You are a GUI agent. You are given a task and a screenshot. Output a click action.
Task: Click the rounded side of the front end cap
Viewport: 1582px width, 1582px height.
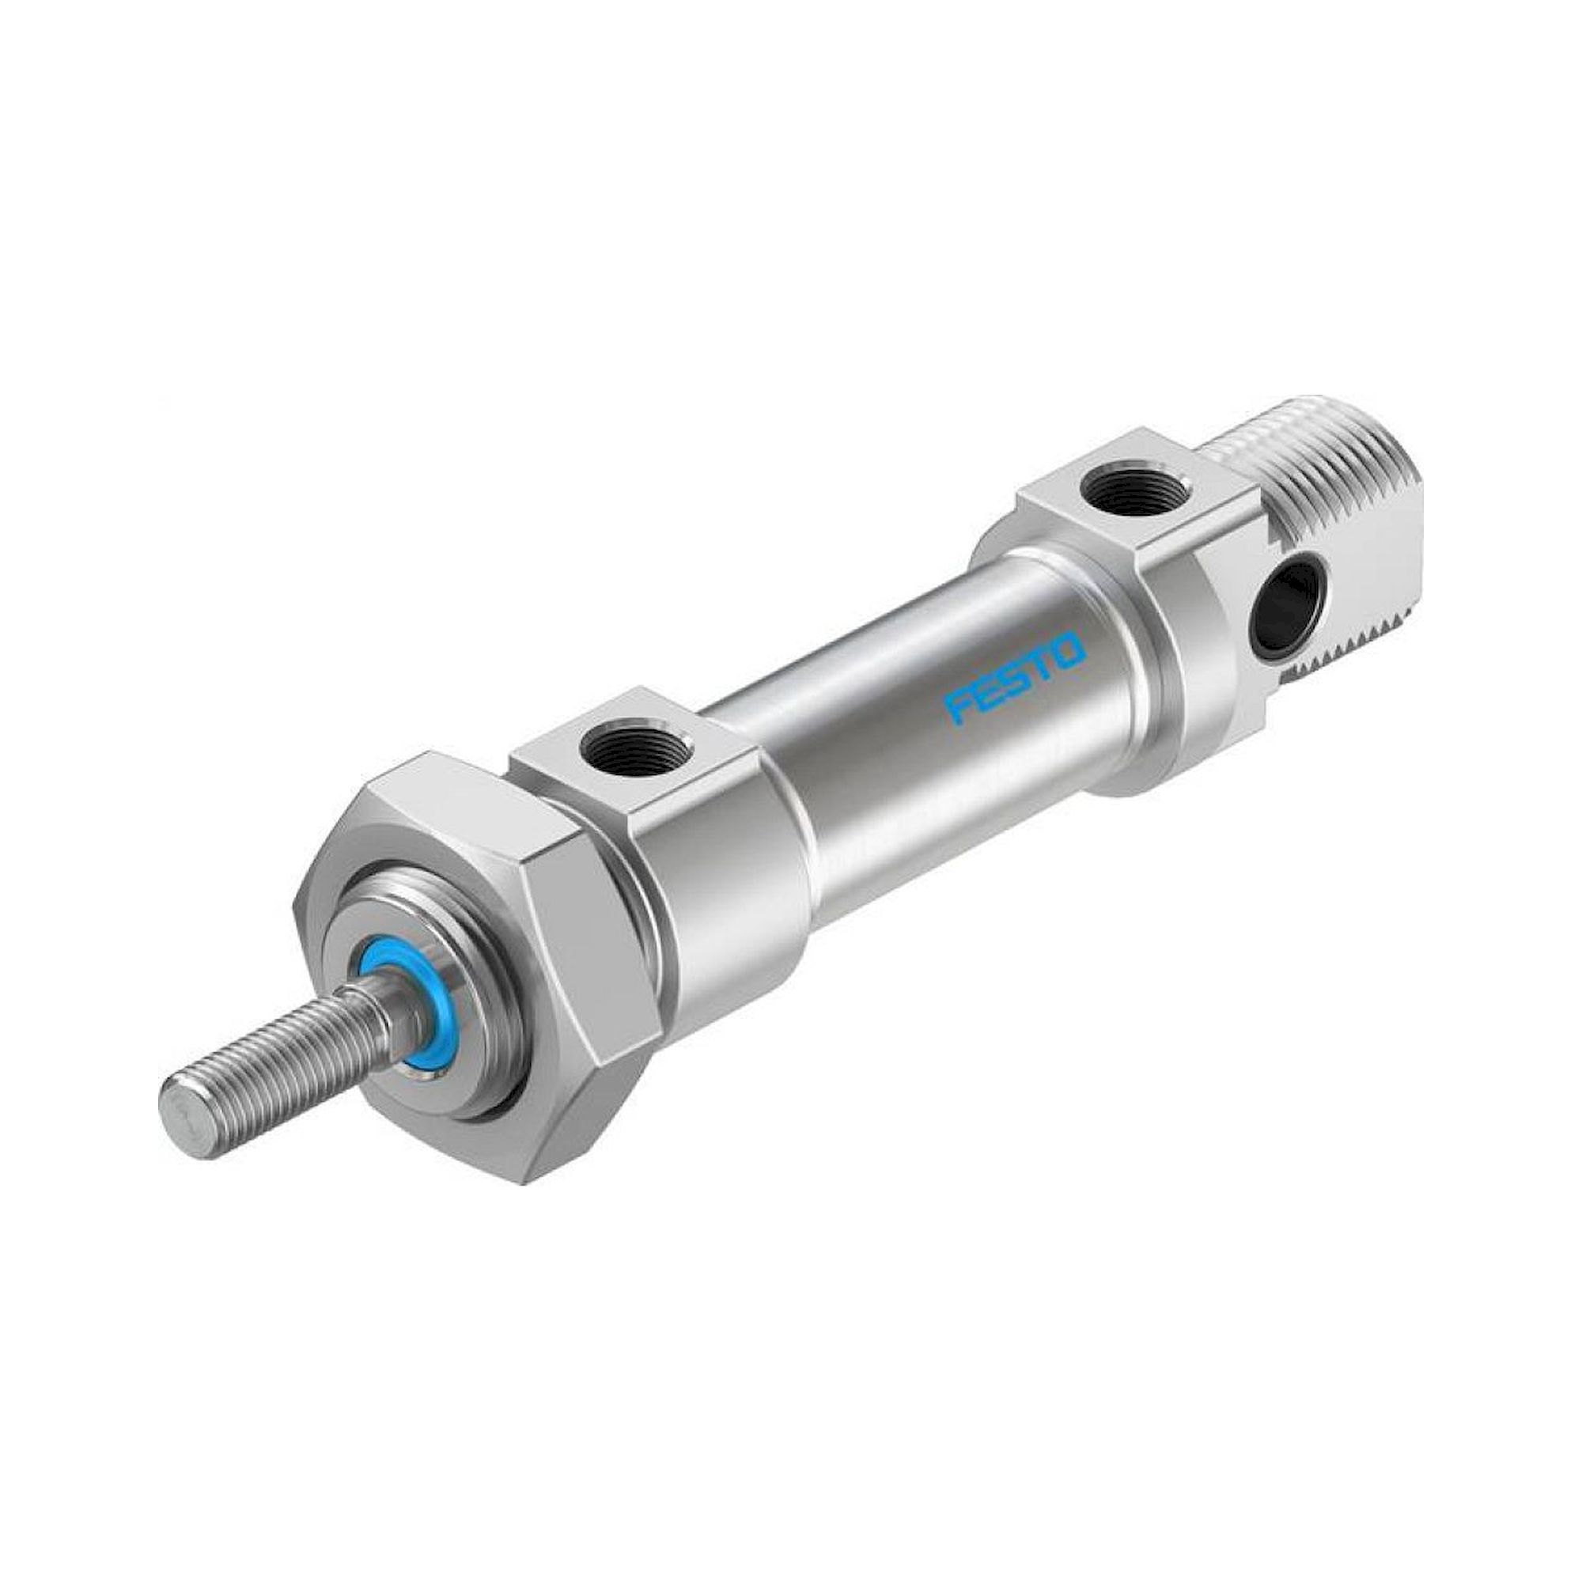pos(729,892)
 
